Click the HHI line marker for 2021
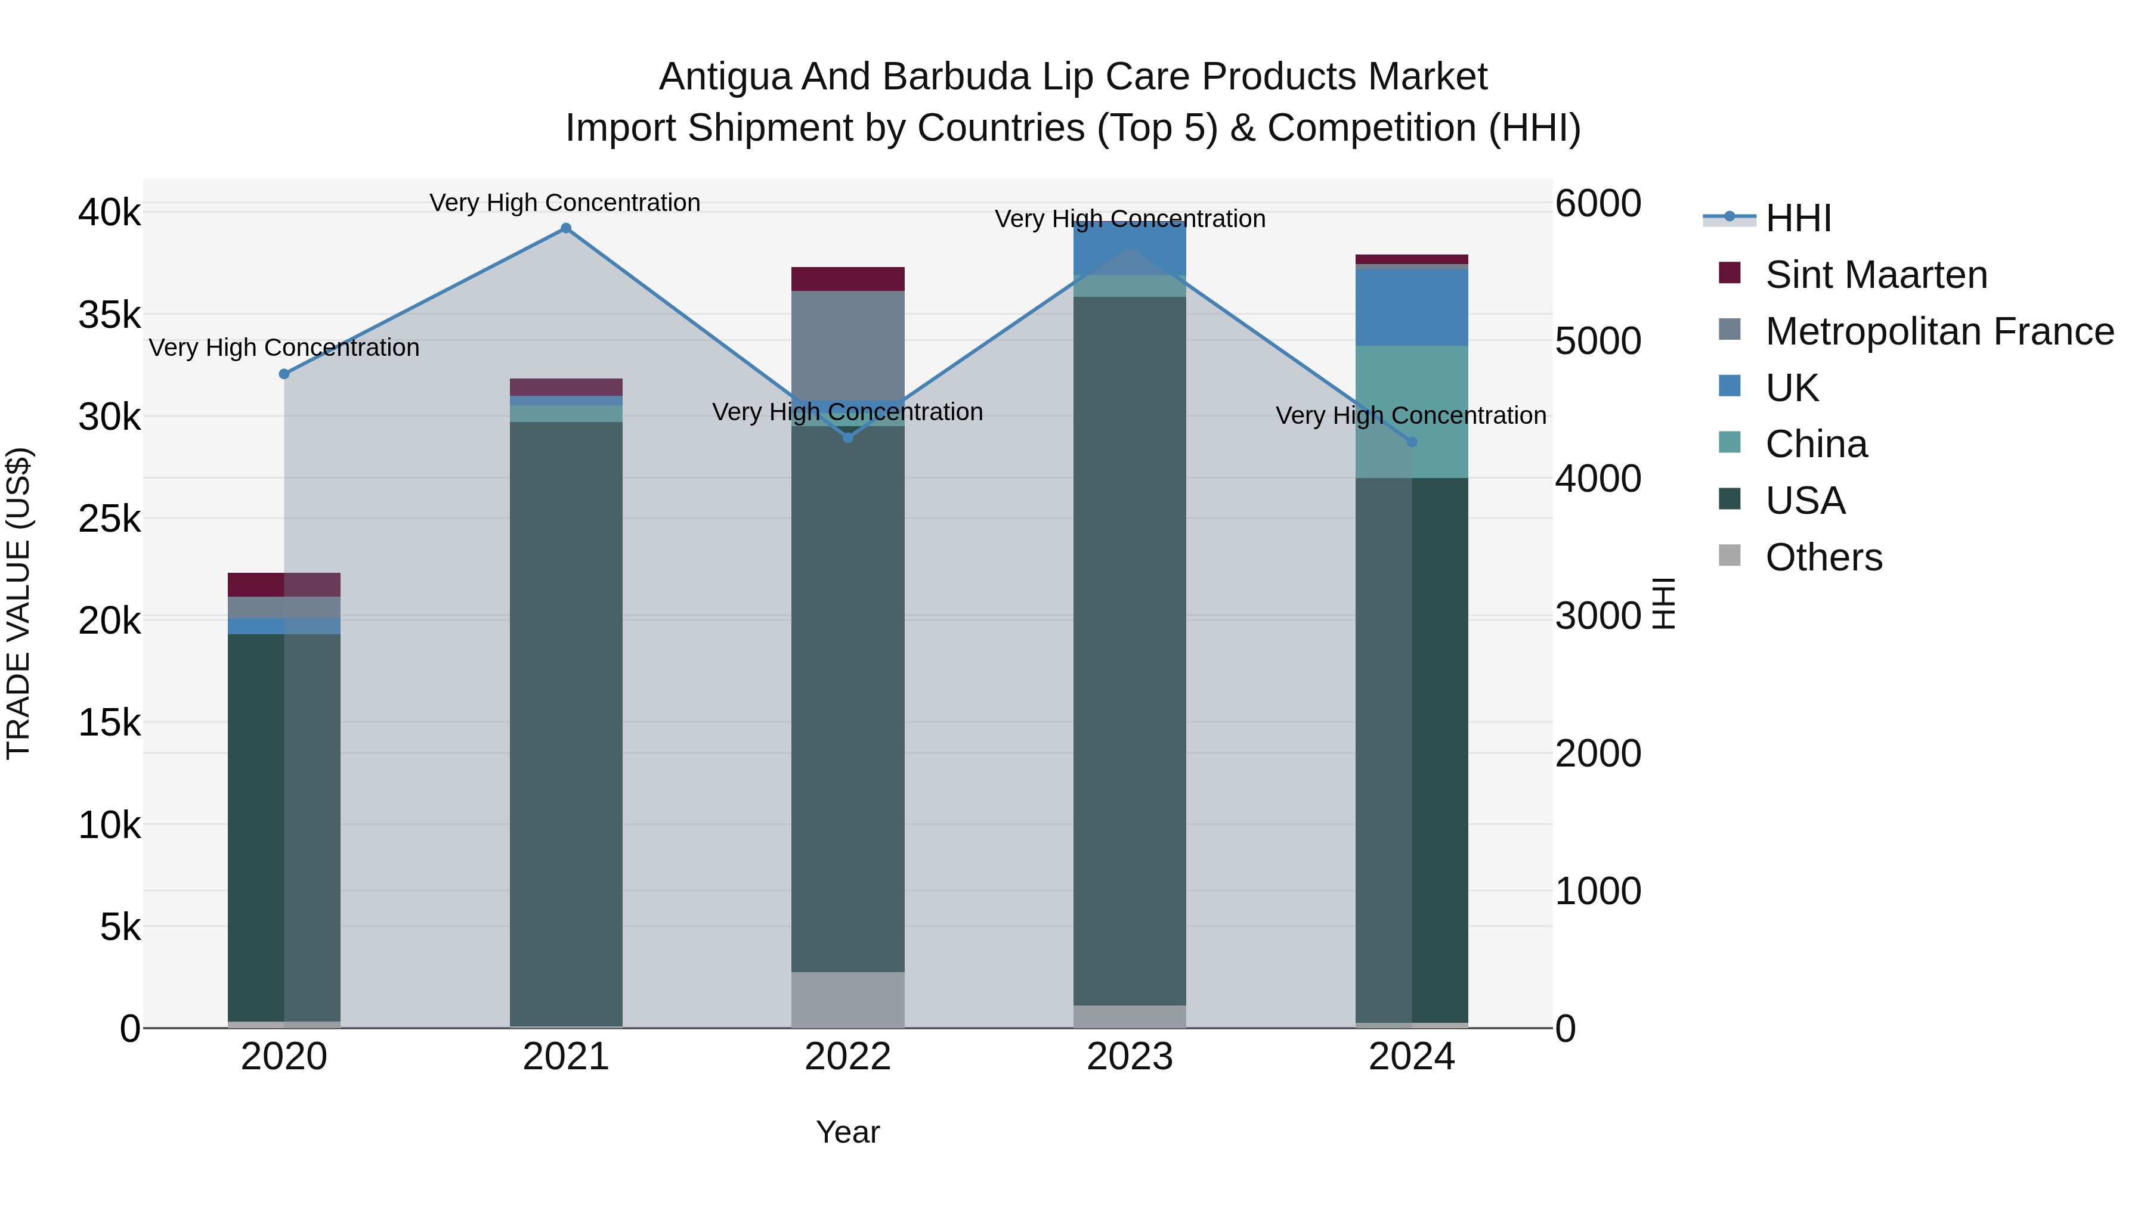point(566,228)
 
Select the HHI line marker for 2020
point(284,374)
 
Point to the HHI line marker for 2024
point(1412,442)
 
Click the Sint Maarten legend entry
point(1875,275)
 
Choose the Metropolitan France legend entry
point(1939,331)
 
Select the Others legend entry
point(1824,557)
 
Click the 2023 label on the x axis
point(1130,1057)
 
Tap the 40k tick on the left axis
point(109,212)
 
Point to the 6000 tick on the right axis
point(1598,203)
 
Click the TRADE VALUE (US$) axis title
point(19,603)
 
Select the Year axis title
point(847,1132)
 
